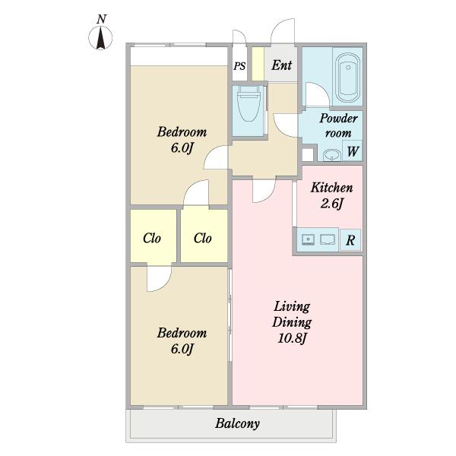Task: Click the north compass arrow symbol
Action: (100, 38)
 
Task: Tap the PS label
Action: (239, 66)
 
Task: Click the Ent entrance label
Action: (281, 65)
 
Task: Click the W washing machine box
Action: (353, 150)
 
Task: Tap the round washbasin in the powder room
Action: (331, 155)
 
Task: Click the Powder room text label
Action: (338, 125)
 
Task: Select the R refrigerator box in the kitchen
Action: (350, 240)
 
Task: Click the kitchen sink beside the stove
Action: (328, 239)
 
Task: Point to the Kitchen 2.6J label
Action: (332, 195)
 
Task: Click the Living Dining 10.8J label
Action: (292, 322)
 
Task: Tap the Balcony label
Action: (237, 423)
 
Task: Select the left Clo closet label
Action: (152, 238)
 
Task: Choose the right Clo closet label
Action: (202, 238)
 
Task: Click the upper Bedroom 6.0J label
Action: (182, 140)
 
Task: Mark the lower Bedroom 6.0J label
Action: (182, 340)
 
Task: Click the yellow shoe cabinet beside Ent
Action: (258, 64)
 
